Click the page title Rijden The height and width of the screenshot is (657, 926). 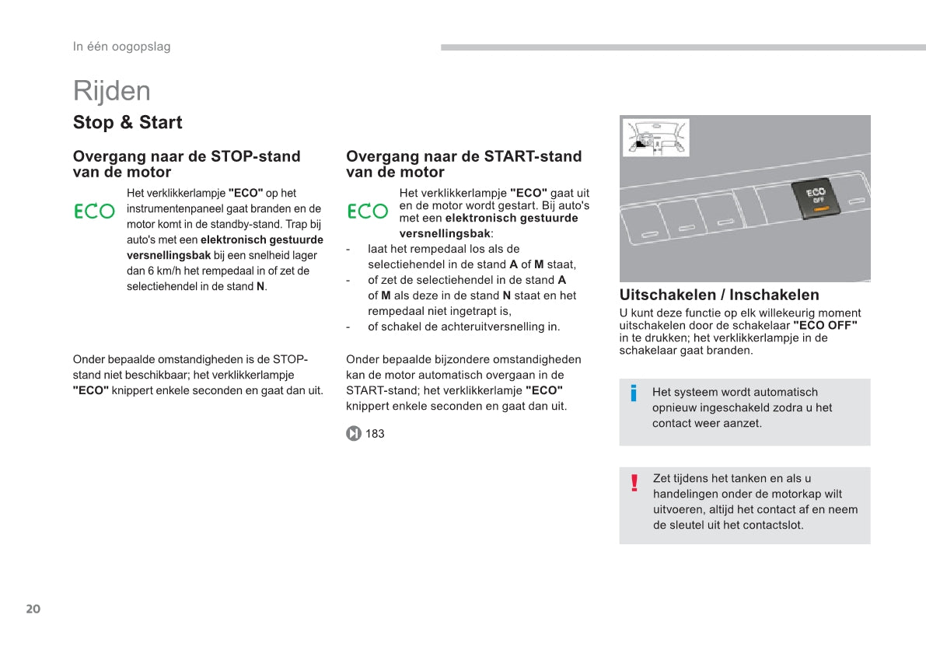point(112,92)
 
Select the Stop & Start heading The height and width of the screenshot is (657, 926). point(128,122)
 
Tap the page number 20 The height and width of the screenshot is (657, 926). point(33,609)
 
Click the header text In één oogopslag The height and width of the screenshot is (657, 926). point(121,46)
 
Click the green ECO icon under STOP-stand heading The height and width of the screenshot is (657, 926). point(95,211)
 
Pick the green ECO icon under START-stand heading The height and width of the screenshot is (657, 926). point(367,211)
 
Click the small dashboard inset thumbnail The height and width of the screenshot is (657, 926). point(655,138)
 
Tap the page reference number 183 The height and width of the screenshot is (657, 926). point(375,434)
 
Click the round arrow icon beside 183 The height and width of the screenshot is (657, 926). point(353,434)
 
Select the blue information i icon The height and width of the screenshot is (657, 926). point(634,393)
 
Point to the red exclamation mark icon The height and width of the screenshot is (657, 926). point(634,483)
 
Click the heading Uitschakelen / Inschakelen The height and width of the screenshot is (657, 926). point(719,295)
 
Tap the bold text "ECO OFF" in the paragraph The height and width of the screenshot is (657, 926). point(825,326)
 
